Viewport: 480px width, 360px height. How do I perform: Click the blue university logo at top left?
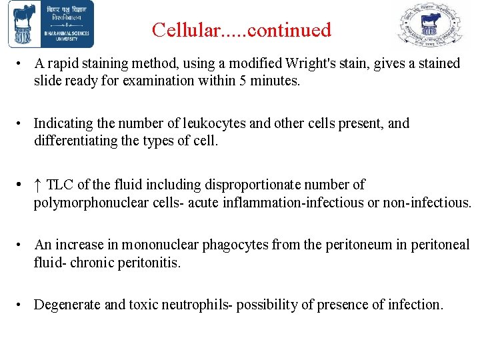click(51, 24)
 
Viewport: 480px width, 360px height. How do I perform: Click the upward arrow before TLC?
click(38, 185)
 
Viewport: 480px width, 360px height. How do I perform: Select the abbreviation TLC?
click(61, 185)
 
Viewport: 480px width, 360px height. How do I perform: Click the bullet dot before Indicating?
click(22, 124)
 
